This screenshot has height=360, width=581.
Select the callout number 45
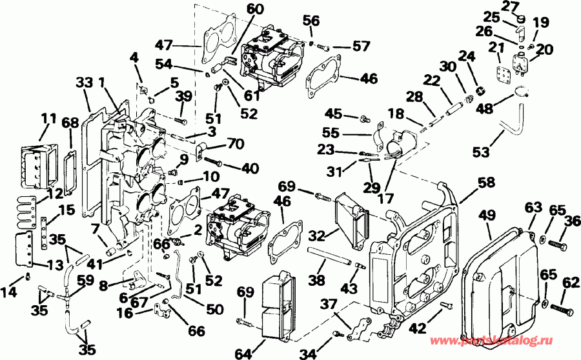point(334,114)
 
